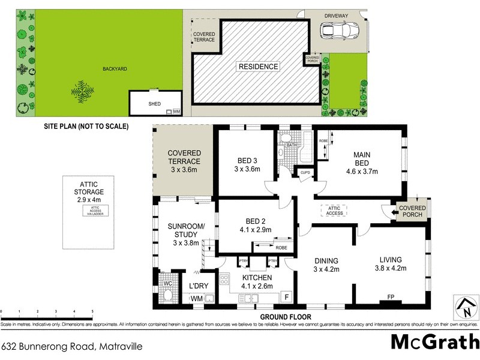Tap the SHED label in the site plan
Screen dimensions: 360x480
(155, 103)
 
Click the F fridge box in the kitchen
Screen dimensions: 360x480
(286, 297)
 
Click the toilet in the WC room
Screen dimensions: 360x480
(168, 295)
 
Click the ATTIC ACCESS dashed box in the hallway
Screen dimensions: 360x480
(335, 210)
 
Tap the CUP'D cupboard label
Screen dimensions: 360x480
(305, 173)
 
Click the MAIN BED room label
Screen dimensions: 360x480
(361, 159)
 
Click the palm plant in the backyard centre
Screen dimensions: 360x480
(82, 91)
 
